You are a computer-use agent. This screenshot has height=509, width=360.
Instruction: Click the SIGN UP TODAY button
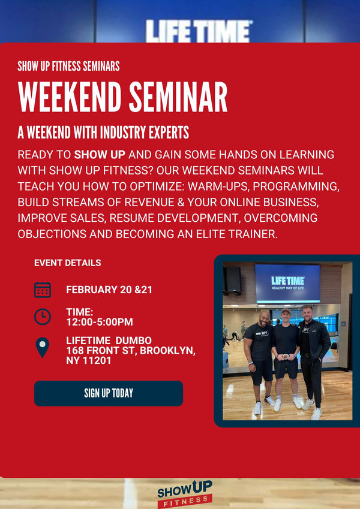click(108, 393)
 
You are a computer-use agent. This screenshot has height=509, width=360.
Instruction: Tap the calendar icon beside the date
click(43, 290)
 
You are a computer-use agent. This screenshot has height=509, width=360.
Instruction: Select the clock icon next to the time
click(43, 317)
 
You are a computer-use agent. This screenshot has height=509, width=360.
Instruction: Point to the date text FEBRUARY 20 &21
click(109, 290)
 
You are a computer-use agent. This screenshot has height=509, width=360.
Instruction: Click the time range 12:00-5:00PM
click(100, 322)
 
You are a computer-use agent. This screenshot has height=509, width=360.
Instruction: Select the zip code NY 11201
click(89, 360)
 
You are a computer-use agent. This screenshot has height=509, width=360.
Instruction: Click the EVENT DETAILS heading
click(67, 263)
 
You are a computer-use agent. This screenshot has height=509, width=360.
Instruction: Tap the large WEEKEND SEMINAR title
click(122, 97)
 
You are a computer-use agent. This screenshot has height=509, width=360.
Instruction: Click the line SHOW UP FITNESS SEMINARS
click(68, 66)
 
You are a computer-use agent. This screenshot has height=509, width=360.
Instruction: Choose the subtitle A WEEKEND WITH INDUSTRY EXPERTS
click(103, 132)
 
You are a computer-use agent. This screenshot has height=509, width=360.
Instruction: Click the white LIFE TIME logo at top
click(199, 31)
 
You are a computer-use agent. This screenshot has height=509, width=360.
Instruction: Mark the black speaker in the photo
click(232, 280)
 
